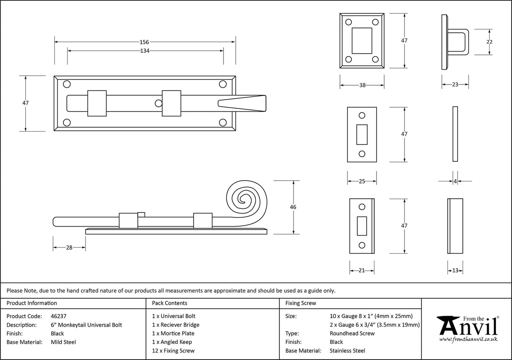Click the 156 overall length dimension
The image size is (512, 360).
[x=144, y=42]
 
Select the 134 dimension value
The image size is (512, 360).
[x=145, y=51]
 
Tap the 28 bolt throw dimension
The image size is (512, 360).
[x=69, y=247]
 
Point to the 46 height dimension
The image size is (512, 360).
[x=293, y=207]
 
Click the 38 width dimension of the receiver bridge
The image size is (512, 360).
[x=362, y=85]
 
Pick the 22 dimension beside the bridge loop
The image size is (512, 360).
[x=489, y=42]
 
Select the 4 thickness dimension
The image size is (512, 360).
[x=455, y=181]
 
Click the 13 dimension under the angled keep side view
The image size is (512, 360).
[x=455, y=271]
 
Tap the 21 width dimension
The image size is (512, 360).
[x=361, y=271]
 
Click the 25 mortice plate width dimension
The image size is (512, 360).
[x=361, y=181]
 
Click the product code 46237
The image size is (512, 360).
[x=58, y=316]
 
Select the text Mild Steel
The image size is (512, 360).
[x=63, y=342]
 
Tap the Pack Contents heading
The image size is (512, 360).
[x=169, y=303]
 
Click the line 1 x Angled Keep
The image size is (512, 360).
[x=172, y=342]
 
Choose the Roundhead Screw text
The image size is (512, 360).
[x=352, y=333]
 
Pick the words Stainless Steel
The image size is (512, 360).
[x=348, y=351]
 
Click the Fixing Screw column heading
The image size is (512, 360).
[x=301, y=303]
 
